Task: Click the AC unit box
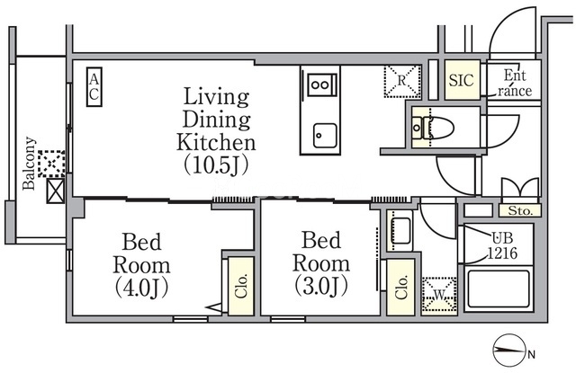click(x=94, y=87)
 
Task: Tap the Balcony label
click(x=30, y=164)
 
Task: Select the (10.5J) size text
click(x=216, y=165)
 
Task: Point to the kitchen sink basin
click(x=325, y=136)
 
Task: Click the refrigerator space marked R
click(x=402, y=82)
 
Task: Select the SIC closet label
click(x=462, y=80)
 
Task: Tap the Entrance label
click(x=515, y=83)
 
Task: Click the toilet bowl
click(x=438, y=128)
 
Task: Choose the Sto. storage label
click(x=520, y=211)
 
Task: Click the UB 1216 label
click(x=502, y=245)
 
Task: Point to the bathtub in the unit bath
click(x=499, y=289)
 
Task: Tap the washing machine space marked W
click(x=439, y=295)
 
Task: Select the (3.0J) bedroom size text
click(x=321, y=287)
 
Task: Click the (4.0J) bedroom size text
click(x=141, y=288)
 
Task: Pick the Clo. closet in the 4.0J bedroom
click(x=241, y=286)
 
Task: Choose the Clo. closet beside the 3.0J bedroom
click(x=401, y=287)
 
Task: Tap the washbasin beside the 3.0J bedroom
click(x=400, y=230)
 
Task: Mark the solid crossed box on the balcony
click(x=56, y=191)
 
